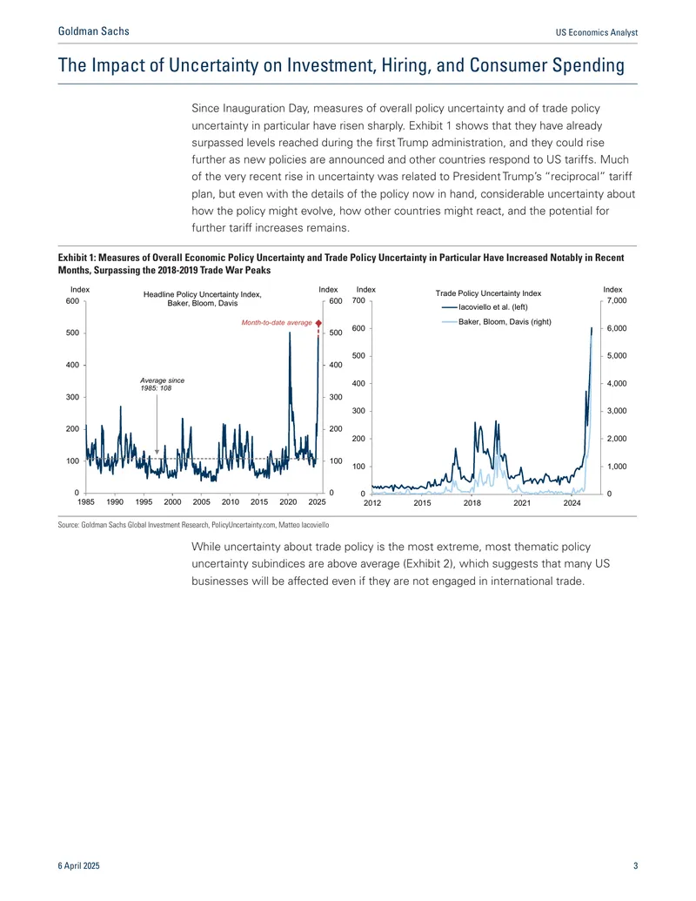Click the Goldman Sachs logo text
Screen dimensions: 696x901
[x=94, y=31]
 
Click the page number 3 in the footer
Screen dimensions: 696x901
[x=635, y=865]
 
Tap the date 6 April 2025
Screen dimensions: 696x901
[x=78, y=865]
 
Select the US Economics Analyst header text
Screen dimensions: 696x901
[x=597, y=32]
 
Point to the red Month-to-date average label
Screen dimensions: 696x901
[x=277, y=322]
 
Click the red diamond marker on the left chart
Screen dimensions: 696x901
[x=318, y=323]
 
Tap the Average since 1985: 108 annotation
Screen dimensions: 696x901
[x=163, y=384]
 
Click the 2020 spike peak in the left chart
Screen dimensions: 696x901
[x=290, y=333]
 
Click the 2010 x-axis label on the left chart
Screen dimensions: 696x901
[x=231, y=501]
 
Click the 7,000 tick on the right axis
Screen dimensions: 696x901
[x=617, y=300]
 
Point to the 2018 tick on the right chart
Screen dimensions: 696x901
[x=472, y=503]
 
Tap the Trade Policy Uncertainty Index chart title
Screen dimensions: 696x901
[x=488, y=293]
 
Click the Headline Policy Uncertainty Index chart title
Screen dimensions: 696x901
[x=202, y=299]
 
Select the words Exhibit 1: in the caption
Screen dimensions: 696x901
[x=77, y=258]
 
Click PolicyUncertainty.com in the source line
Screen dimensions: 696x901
[x=244, y=525]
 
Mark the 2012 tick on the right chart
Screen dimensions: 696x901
[x=372, y=503]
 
